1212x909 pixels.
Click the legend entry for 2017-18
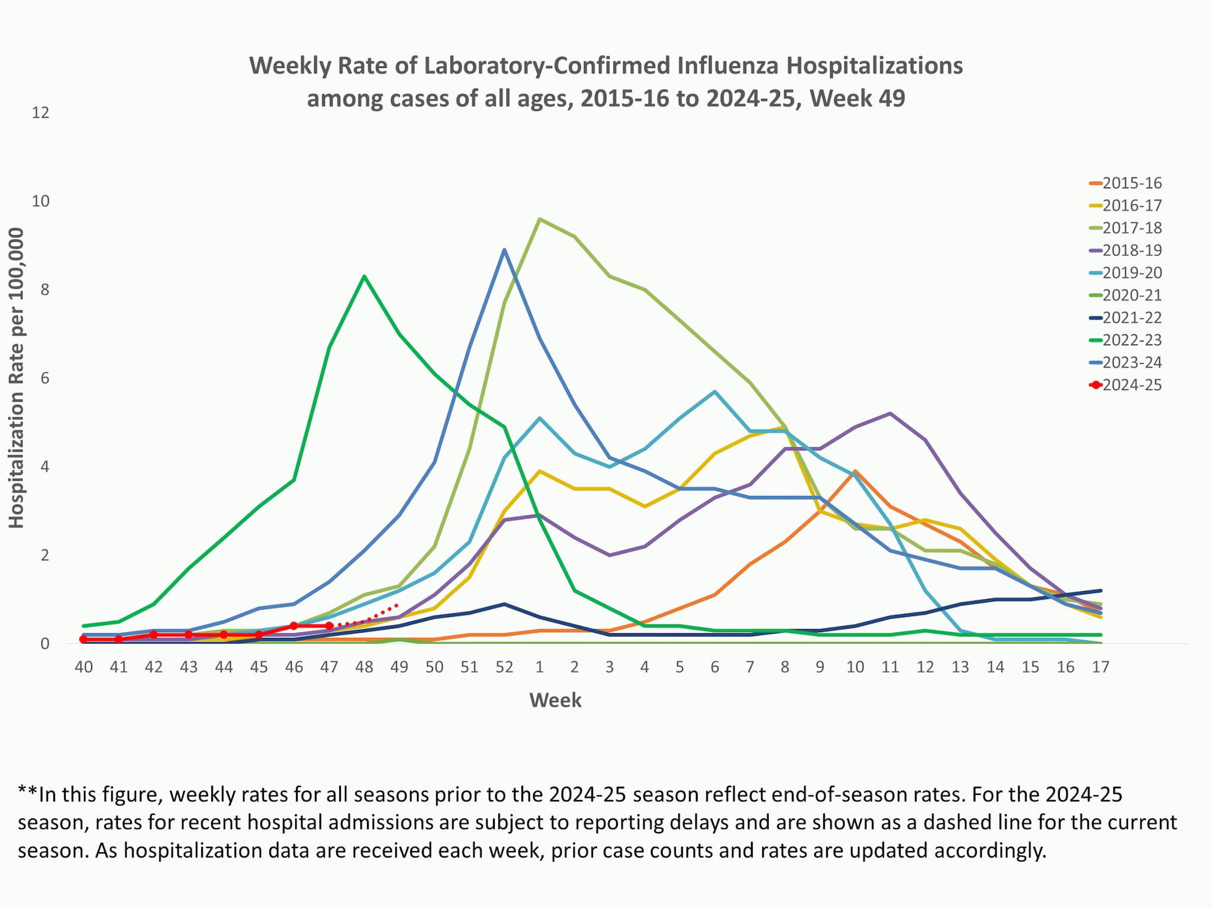pos(1132,228)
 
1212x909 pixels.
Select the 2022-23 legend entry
pos(1132,340)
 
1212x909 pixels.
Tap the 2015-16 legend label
pos(1132,183)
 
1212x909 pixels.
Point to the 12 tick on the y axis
pos(40,112)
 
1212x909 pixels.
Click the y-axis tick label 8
pos(40,289)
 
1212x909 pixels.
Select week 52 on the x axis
pos(504,667)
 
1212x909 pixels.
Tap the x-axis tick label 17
pos(1100,667)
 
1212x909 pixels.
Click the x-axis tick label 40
pos(83,667)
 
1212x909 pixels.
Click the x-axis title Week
pos(555,700)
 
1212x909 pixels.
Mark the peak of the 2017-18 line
pos(539,219)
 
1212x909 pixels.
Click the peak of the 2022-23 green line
pos(364,276)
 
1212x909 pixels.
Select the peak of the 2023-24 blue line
pos(504,250)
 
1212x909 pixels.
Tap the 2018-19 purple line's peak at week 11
pos(890,413)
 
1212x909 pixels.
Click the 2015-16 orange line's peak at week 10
pos(855,471)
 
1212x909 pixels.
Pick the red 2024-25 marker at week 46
pos(294,626)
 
